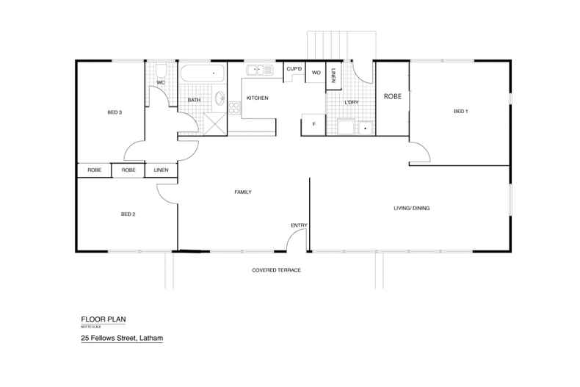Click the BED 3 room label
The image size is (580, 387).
point(114,112)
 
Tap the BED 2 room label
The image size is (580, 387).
point(128,214)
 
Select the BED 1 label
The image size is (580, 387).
point(460,112)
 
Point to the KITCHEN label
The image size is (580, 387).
point(257,98)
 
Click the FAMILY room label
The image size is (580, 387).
point(243,192)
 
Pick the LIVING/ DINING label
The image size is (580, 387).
point(411,209)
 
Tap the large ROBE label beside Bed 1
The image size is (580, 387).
point(392,95)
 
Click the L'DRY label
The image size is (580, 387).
point(351,102)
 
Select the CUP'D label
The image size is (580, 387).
point(294,69)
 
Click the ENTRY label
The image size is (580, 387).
point(299,225)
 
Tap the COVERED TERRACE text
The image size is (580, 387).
point(277,270)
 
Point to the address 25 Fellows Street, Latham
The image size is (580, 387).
point(121,339)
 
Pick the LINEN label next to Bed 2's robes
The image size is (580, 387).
point(161,170)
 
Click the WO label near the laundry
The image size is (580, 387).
point(316,73)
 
